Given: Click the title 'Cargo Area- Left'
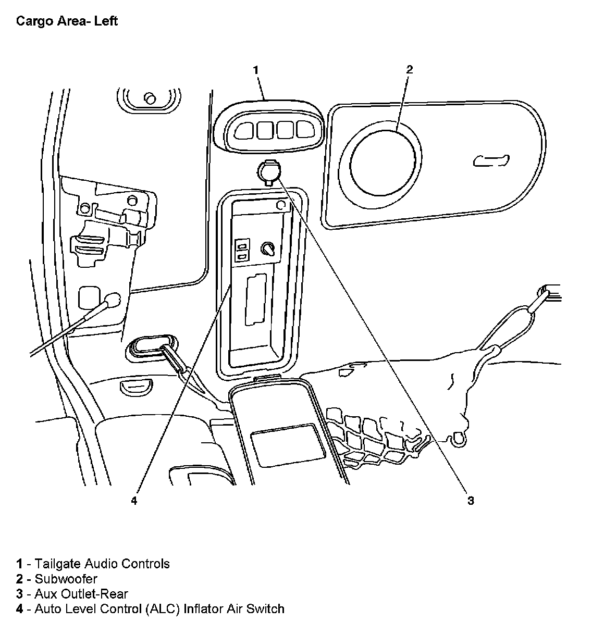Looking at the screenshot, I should pos(67,21).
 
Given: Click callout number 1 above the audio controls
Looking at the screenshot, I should pos(256,69).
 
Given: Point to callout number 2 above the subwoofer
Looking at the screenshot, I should pos(409,69).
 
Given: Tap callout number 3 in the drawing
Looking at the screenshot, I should pos(471,501).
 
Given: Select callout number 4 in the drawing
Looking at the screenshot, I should pos(134,501).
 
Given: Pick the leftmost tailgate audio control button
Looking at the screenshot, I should pos(243,129).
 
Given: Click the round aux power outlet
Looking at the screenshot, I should pos(269,171).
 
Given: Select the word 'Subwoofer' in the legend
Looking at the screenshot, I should pos(66,579).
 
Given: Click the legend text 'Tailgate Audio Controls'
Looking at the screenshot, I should pos(102,564).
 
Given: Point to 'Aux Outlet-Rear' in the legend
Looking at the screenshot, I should pos(81,594).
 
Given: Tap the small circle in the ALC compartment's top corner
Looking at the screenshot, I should pos(280,205).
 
